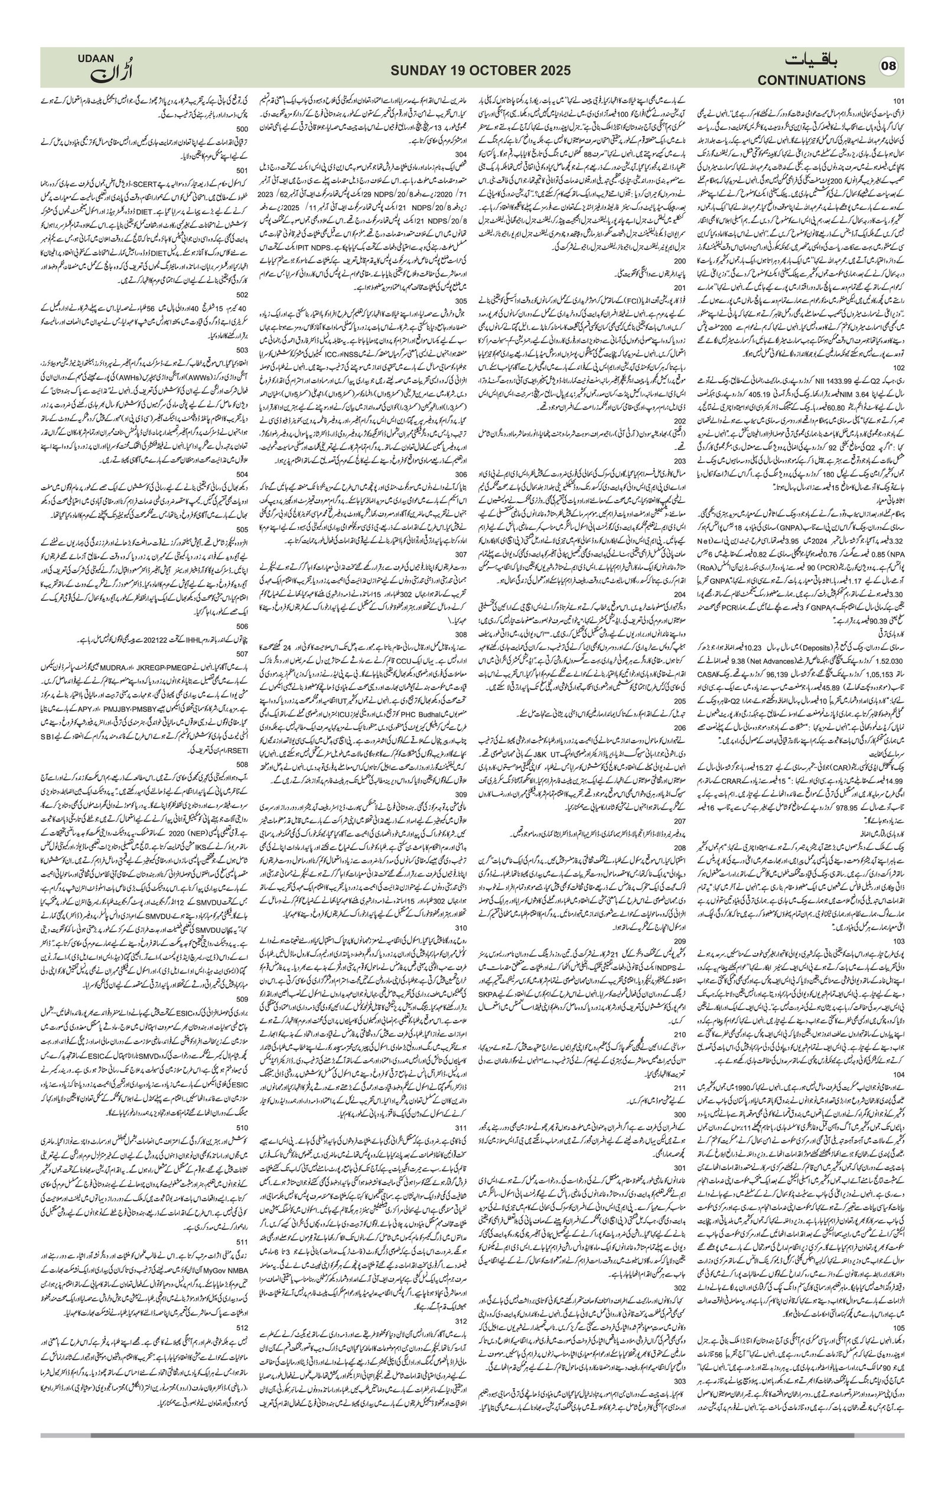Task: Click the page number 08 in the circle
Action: point(889,67)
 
